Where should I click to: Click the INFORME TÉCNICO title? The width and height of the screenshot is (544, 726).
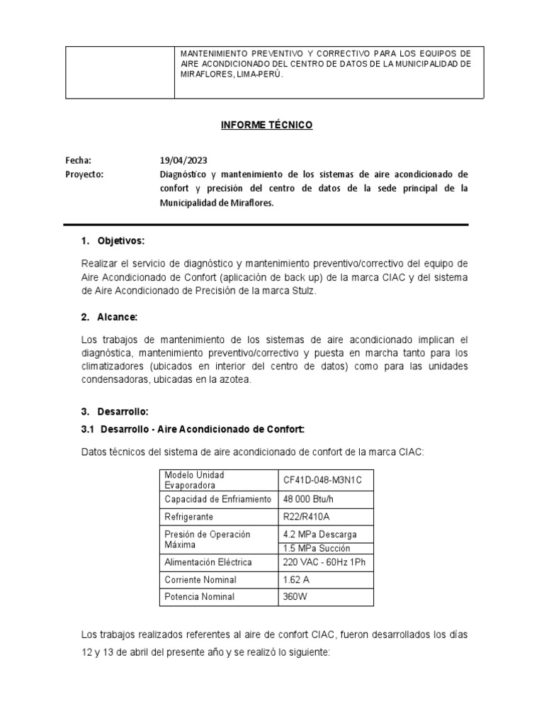pyautogui.click(x=266, y=125)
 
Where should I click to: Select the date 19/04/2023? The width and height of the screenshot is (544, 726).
pyautogui.click(x=183, y=160)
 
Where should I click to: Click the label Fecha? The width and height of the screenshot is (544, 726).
pyautogui.click(x=78, y=160)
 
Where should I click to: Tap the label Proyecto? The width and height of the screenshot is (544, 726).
pyautogui.click(x=84, y=174)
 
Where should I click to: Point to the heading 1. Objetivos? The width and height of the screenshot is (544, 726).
pyautogui.click(x=113, y=241)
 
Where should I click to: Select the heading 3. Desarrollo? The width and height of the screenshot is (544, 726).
pyautogui.click(x=115, y=411)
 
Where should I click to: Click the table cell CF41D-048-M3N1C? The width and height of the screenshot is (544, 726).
pyautogui.click(x=322, y=480)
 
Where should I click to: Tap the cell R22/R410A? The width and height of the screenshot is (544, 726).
pyautogui.click(x=307, y=517)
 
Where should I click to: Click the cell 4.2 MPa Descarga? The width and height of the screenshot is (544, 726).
pyautogui.click(x=319, y=534)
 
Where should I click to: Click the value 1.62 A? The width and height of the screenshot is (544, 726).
pyautogui.click(x=297, y=579)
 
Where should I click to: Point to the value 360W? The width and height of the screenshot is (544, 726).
pyautogui.click(x=295, y=597)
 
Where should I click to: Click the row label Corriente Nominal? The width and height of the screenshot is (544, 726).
pyautogui.click(x=200, y=579)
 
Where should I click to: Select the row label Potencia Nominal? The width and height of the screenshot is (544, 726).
pyautogui.click(x=199, y=597)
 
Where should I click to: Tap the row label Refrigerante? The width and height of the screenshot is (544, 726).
pyautogui.click(x=188, y=517)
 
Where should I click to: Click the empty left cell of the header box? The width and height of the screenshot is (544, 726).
pyautogui.click(x=120, y=72)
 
